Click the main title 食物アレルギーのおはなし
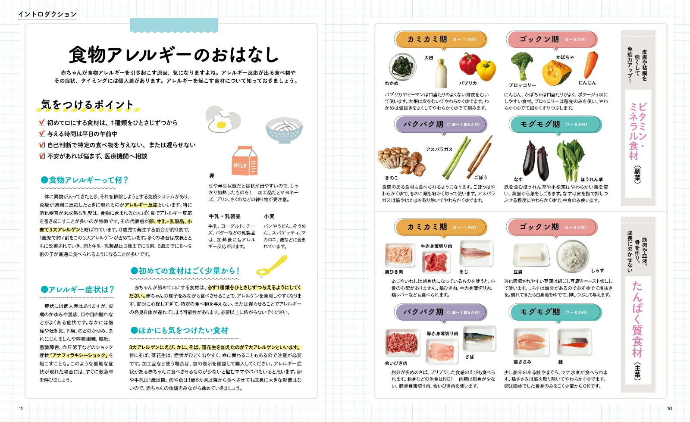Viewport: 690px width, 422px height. (174, 55)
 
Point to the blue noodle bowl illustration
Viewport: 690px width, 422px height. (284, 130)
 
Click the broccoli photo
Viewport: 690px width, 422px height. (522, 65)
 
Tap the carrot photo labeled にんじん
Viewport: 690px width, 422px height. (590, 65)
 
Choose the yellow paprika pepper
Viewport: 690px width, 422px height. (486, 70)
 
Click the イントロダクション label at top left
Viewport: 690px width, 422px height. (47, 14)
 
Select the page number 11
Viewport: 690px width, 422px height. (21, 408)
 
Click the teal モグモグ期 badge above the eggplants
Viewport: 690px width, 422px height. (555, 124)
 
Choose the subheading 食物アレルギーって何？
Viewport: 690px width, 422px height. (85, 180)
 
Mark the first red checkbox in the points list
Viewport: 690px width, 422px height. (42, 122)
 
